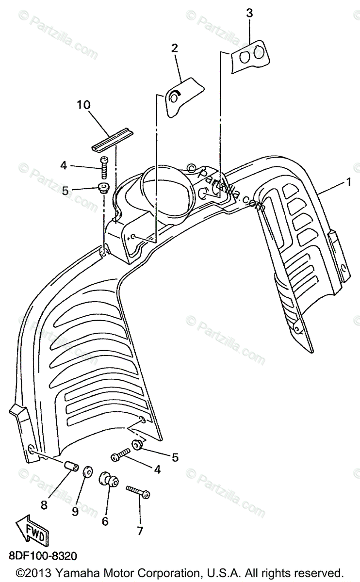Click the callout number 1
[348, 182]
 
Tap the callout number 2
[174, 48]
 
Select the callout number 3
[249, 13]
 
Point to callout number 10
[83, 104]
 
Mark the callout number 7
[140, 531]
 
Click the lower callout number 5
[175, 457]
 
